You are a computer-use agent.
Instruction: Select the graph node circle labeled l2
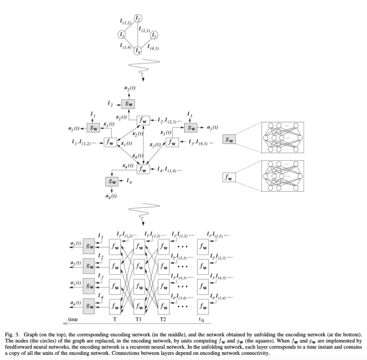tap(138, 18)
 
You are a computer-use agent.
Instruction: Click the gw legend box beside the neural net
tap(230, 140)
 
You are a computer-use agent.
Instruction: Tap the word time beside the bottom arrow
tap(73, 319)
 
